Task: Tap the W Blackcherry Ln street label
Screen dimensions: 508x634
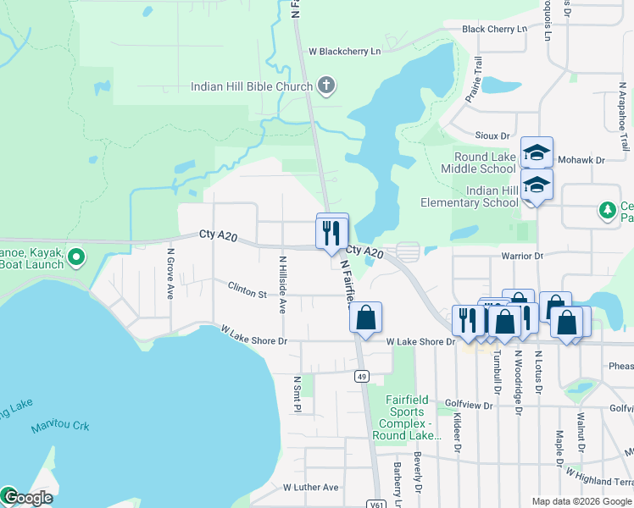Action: click(x=345, y=51)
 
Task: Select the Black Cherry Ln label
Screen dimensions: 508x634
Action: click(x=494, y=29)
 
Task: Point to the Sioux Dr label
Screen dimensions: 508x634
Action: click(x=492, y=135)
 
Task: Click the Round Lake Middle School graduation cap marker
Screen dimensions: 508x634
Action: click(x=537, y=152)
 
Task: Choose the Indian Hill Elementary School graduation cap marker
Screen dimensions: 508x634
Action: click(x=537, y=184)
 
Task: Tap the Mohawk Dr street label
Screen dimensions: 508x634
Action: click(x=587, y=159)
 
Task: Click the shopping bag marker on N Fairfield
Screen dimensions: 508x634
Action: click(x=365, y=317)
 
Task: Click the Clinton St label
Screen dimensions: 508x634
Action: click(x=247, y=290)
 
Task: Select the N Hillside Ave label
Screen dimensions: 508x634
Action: click(x=283, y=281)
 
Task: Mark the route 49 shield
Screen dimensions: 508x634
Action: click(x=362, y=376)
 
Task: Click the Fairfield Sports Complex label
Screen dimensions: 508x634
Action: click(x=407, y=417)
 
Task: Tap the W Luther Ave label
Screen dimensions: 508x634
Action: click(x=310, y=488)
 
